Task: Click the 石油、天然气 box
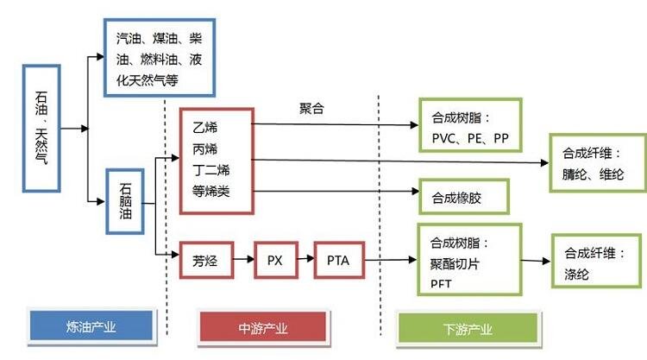click(x=43, y=128)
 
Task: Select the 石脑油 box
click(x=124, y=201)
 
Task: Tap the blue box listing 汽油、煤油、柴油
click(x=160, y=58)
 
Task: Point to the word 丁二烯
click(x=210, y=169)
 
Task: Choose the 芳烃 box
click(x=204, y=259)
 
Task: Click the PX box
click(x=274, y=259)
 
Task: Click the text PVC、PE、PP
click(x=465, y=137)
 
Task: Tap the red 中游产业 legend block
click(x=262, y=328)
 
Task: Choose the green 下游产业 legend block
click(x=468, y=328)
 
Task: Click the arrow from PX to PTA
click(x=305, y=259)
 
